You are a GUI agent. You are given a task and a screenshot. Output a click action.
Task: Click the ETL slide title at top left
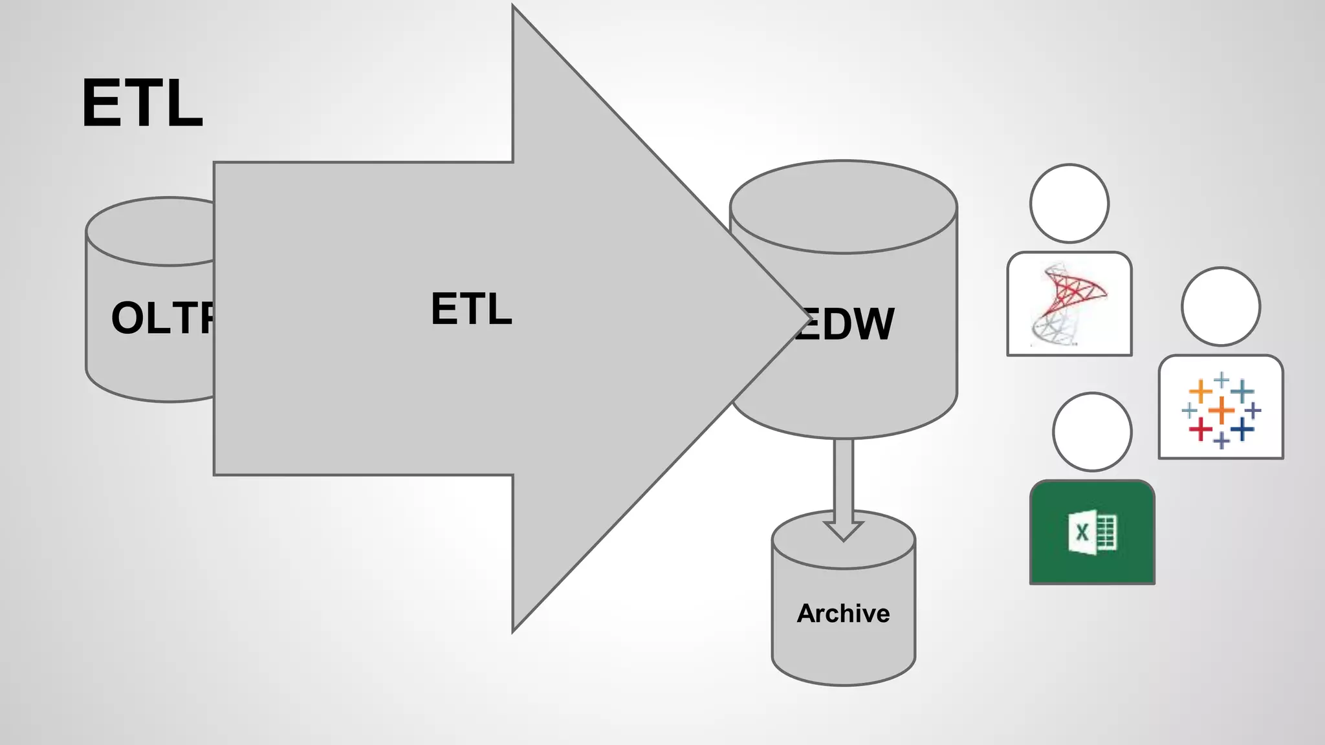[142, 103]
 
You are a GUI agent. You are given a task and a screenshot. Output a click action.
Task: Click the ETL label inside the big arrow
[471, 308]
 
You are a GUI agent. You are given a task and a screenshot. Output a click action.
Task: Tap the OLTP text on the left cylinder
[162, 318]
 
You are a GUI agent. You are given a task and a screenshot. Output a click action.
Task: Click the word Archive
[843, 613]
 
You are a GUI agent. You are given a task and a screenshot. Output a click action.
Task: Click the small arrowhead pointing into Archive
[843, 530]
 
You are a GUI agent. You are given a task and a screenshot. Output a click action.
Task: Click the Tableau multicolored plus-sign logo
[1221, 409]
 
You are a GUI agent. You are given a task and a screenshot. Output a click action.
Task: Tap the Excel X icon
[1092, 532]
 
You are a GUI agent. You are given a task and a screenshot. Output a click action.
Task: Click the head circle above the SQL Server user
[1069, 203]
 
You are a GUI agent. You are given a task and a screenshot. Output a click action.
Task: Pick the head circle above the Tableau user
[1220, 306]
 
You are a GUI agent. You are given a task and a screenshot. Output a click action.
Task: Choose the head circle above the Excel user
[1092, 431]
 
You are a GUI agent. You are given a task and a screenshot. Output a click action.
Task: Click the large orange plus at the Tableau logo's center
[1221, 410]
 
